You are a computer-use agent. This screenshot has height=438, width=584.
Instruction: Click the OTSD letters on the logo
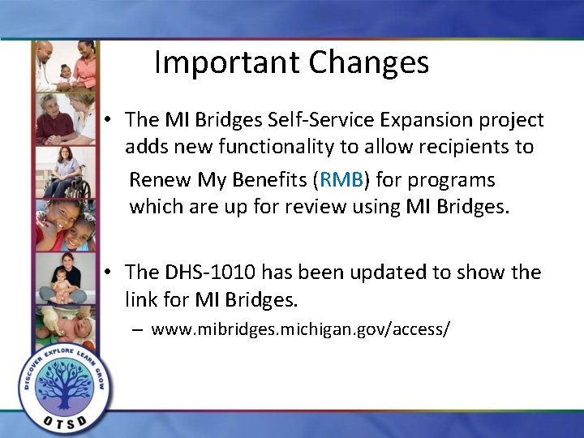[x=64, y=421]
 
